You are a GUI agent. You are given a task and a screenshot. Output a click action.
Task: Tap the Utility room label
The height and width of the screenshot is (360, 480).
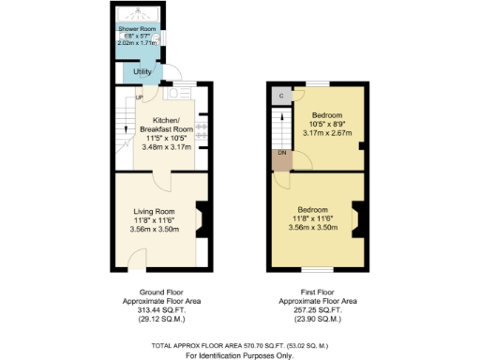pyautogui.click(x=142, y=71)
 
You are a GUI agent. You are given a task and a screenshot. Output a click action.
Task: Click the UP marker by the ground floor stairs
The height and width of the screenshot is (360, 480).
pyautogui.click(x=140, y=97)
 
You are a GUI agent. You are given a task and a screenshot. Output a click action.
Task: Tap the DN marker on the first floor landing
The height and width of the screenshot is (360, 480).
pyautogui.click(x=280, y=153)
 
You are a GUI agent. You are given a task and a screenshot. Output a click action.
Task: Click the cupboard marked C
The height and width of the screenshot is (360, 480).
pyautogui.click(x=280, y=96)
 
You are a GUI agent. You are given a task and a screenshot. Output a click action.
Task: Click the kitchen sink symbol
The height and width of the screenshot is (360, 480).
pyautogui.click(x=173, y=94)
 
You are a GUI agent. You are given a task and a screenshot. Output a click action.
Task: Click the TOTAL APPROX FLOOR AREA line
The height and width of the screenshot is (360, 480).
pyautogui.click(x=239, y=347)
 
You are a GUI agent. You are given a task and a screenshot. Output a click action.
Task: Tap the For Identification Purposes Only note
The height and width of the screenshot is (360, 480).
pyautogui.click(x=239, y=355)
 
